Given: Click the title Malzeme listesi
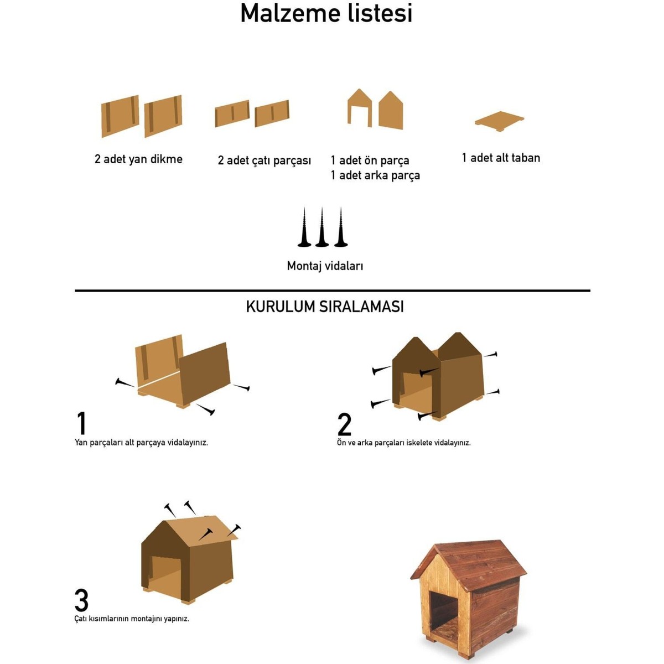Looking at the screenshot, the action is (x=326, y=13).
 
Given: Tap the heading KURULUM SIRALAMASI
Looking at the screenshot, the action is (x=325, y=307).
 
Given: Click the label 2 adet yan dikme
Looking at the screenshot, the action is (x=138, y=159).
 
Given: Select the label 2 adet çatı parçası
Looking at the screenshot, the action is (x=264, y=160).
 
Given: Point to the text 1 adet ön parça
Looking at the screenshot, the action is (x=370, y=160).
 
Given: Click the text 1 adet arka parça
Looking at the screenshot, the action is (x=375, y=175).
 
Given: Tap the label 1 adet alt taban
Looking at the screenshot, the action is (x=501, y=158).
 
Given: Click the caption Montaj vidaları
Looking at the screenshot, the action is (x=325, y=266).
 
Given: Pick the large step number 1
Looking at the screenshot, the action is (x=81, y=423).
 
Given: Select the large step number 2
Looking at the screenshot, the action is (x=344, y=424).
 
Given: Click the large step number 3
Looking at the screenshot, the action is (x=81, y=600).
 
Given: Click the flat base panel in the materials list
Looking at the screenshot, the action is (x=499, y=121).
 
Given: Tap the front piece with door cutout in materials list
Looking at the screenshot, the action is (x=360, y=108).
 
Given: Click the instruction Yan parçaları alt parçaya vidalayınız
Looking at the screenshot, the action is (x=141, y=443).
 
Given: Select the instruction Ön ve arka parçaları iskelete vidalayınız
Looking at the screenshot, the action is (x=403, y=443).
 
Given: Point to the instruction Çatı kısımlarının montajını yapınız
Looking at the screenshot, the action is (x=132, y=619).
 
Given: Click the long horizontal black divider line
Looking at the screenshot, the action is (x=333, y=291).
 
